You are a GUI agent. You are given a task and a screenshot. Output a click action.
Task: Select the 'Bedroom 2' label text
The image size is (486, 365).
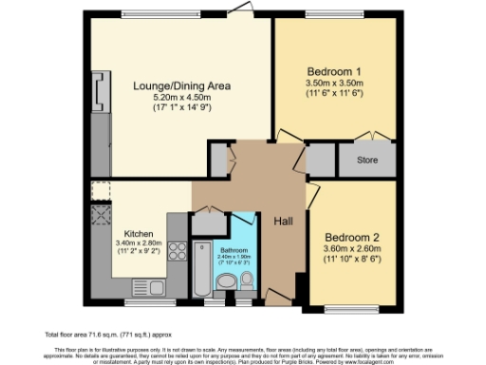point(353,237)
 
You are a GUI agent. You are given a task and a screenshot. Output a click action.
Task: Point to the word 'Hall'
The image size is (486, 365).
point(284,221)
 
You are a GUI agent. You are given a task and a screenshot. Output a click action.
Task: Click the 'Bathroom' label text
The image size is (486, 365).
point(233,250)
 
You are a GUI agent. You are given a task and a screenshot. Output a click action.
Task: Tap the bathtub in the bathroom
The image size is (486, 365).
point(203,270)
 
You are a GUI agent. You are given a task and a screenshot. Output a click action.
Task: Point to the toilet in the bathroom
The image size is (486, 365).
point(247,280)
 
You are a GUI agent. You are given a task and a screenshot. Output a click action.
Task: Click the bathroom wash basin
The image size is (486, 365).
point(227,282)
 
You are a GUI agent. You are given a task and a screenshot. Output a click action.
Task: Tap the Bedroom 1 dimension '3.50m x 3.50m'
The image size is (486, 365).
point(335,83)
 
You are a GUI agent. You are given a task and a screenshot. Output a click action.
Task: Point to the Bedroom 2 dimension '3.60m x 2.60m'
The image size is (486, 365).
point(353,248)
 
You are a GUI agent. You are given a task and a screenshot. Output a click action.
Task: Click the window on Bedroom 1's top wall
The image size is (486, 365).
point(331,14)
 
